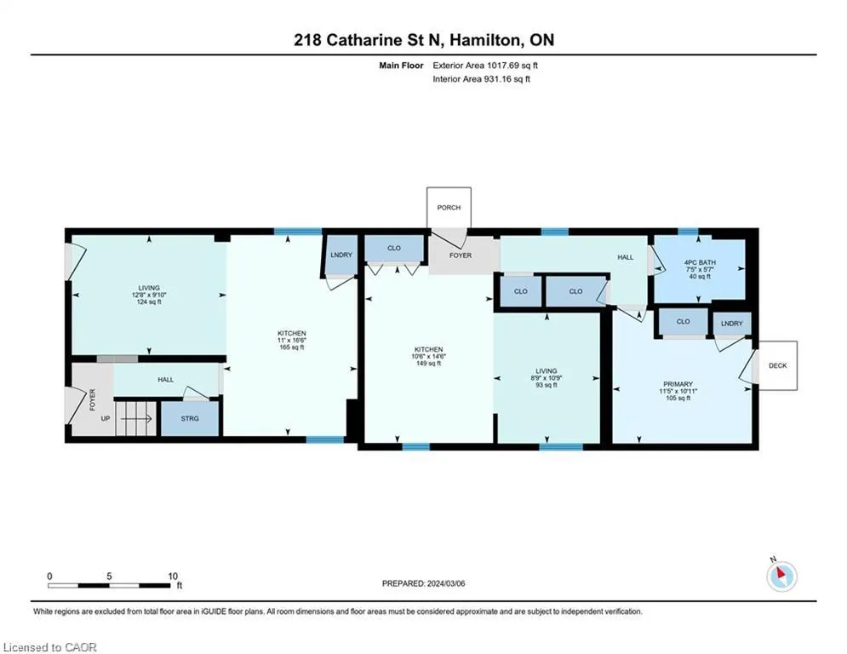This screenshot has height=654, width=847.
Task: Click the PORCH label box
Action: [x=449, y=208]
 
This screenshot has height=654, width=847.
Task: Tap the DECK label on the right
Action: [x=777, y=365]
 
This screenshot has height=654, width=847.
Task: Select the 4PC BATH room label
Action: [x=700, y=262]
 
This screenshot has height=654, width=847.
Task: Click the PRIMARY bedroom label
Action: [x=678, y=384]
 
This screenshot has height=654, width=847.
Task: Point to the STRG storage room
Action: [x=190, y=418]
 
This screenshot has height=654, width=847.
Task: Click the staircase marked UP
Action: [x=135, y=418]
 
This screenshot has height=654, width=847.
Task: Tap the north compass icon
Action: [x=781, y=576]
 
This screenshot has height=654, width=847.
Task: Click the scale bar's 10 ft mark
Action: [x=172, y=577]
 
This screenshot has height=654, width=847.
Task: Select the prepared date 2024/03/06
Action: [x=446, y=583]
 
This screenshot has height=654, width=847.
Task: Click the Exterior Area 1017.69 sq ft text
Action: [x=485, y=66]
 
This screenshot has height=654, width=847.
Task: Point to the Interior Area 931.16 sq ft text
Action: [x=481, y=79]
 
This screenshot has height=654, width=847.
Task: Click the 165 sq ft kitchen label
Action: [x=292, y=347]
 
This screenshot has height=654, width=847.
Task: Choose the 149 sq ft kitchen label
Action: [x=428, y=364]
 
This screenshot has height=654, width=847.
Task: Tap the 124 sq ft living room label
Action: [x=149, y=302]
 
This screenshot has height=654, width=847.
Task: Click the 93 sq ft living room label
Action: [x=547, y=385]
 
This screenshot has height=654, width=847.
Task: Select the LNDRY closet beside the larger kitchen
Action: [x=341, y=255]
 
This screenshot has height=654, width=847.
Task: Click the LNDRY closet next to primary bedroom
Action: [x=732, y=324]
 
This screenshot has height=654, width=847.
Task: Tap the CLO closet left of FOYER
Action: [x=394, y=248]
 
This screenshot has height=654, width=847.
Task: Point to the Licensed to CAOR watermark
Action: [x=49, y=647]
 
